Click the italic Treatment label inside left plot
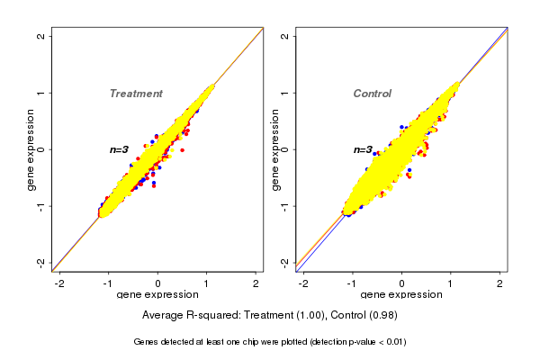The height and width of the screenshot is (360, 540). tap(136, 94)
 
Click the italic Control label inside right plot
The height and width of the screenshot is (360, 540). tap(372, 94)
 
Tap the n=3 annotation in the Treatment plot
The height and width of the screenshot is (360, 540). tap(120, 149)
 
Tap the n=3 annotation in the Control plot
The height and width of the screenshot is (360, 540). tap(363, 149)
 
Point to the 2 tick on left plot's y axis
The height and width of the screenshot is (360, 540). tap(42, 36)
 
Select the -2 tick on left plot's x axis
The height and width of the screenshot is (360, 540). tap(60, 283)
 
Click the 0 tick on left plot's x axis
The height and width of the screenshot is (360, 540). tap(158, 283)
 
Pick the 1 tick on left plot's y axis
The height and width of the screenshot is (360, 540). tap(42, 93)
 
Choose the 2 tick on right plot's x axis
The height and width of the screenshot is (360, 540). tap(499, 283)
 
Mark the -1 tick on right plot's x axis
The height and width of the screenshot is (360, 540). tap(352, 283)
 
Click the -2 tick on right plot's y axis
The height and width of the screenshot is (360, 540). tap(285, 262)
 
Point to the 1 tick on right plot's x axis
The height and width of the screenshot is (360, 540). tap(451, 283)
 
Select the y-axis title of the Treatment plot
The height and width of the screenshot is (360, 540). tap(31, 149)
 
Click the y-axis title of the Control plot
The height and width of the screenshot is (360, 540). tap(274, 149)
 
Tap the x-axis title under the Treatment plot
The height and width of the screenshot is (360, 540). tap(157, 295)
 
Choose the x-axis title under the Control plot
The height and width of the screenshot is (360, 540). tap(400, 295)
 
